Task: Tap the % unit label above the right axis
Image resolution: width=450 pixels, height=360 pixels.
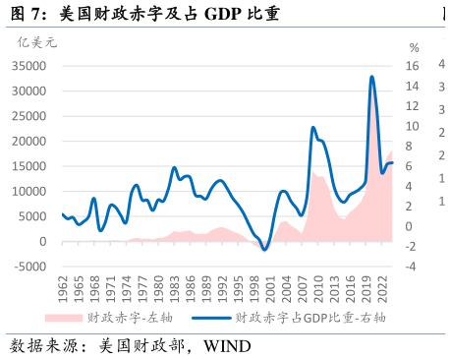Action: tap(414, 47)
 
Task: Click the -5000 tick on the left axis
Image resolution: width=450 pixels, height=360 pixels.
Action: tap(29, 267)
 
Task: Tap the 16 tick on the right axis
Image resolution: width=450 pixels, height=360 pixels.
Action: tap(414, 66)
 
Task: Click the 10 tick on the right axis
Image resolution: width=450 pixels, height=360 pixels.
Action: tap(414, 126)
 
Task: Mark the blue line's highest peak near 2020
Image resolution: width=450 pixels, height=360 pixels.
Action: tap(371, 77)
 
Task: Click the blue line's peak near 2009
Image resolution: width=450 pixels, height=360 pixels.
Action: tap(312, 128)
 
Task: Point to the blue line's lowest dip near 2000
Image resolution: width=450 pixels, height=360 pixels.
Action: tap(264, 249)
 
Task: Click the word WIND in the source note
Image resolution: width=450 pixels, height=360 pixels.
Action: tap(228, 346)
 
